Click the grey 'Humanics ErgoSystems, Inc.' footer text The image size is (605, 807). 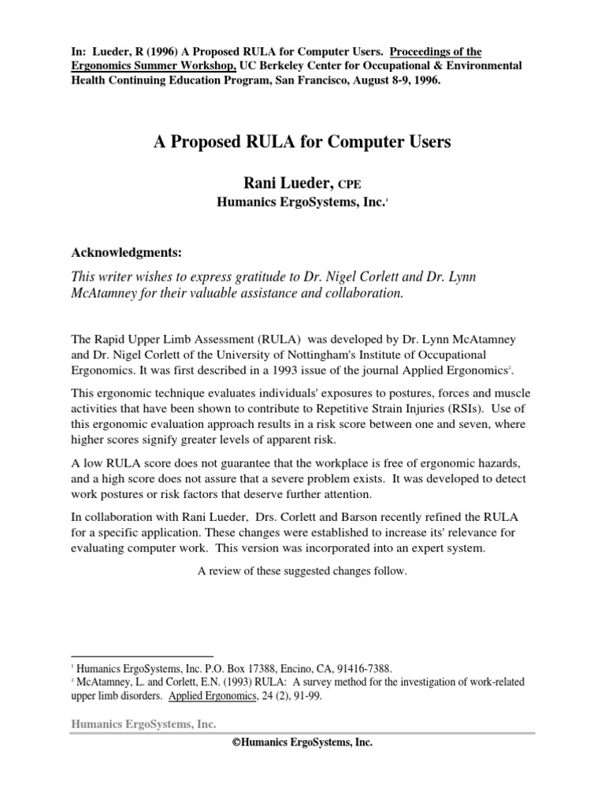[x=143, y=724]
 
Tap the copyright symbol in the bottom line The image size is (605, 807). [x=237, y=743]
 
